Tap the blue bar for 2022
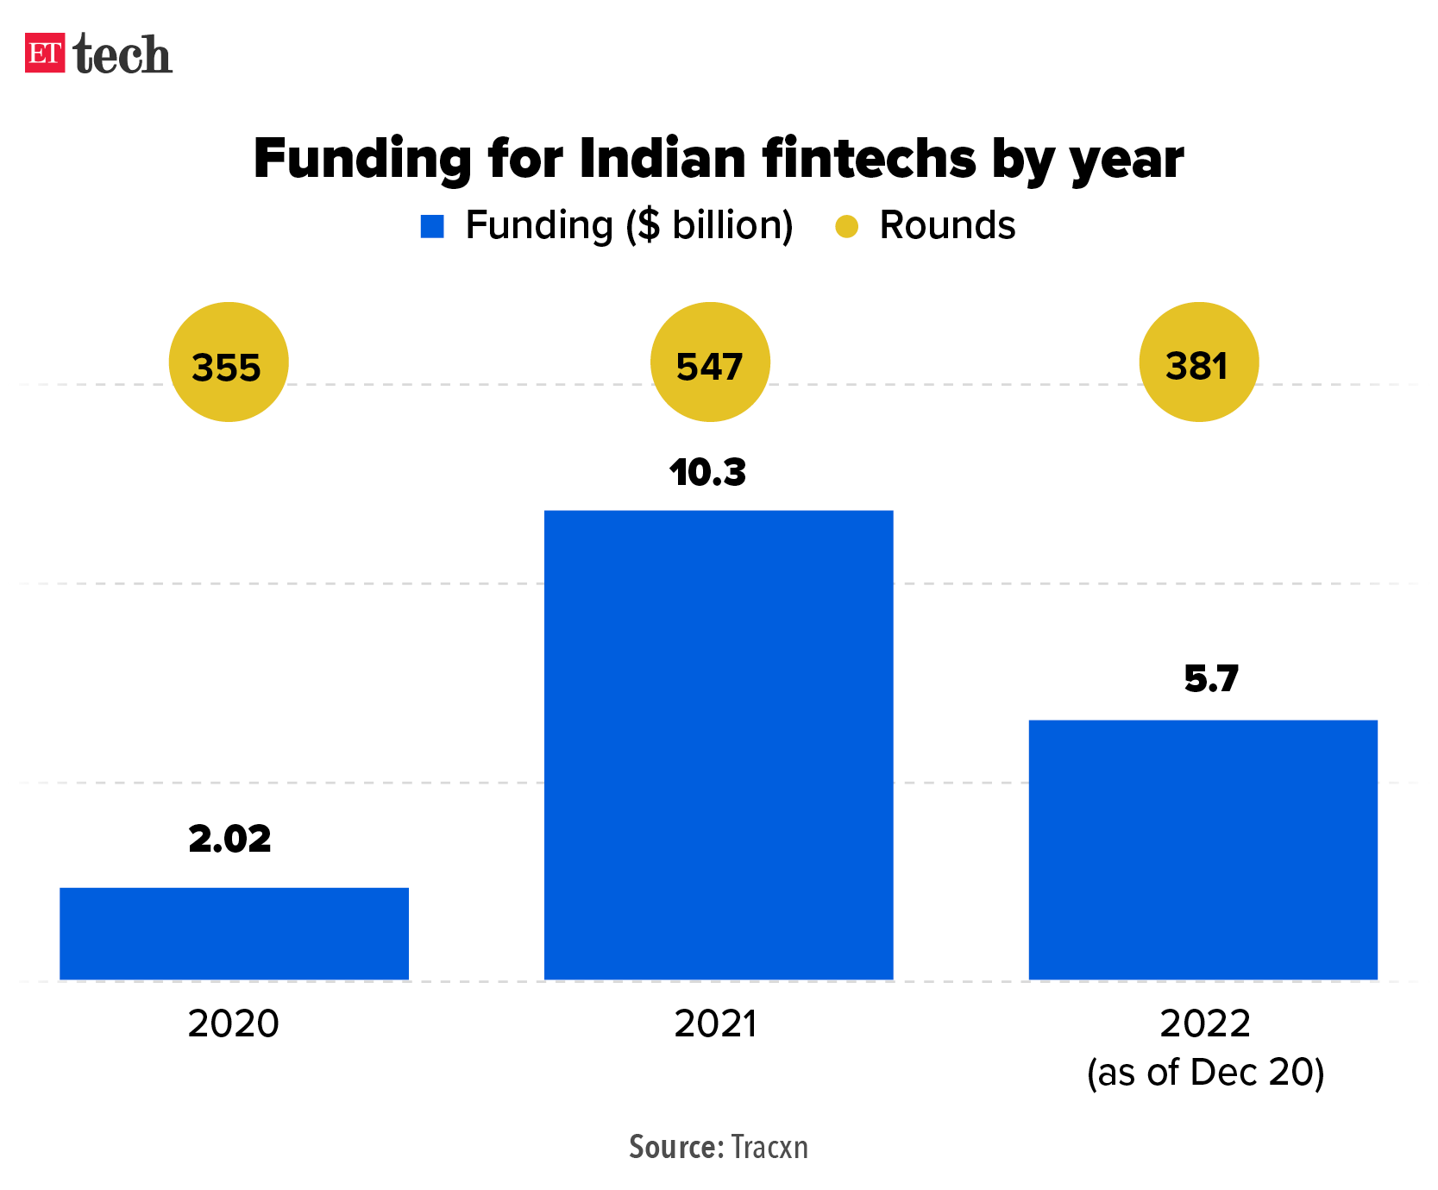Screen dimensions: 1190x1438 click(1203, 849)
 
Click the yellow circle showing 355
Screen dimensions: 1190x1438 click(228, 362)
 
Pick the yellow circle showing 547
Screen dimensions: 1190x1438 click(709, 362)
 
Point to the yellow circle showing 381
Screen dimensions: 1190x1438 click(1198, 362)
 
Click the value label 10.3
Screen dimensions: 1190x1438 click(707, 473)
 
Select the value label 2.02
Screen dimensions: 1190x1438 click(229, 839)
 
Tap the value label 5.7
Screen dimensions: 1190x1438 click(1211, 679)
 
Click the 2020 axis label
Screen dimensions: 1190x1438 click(233, 1024)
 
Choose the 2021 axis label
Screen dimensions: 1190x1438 click(715, 1024)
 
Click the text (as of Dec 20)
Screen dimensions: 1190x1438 click(1205, 1073)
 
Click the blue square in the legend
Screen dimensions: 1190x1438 click(432, 227)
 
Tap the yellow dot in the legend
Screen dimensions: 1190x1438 click(847, 227)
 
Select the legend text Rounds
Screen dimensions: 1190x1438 click(946, 226)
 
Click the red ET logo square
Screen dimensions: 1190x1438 click(45, 53)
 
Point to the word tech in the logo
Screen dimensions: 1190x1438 click(122, 54)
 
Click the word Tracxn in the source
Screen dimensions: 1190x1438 click(769, 1147)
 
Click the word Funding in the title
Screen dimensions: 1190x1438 click(362, 160)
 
